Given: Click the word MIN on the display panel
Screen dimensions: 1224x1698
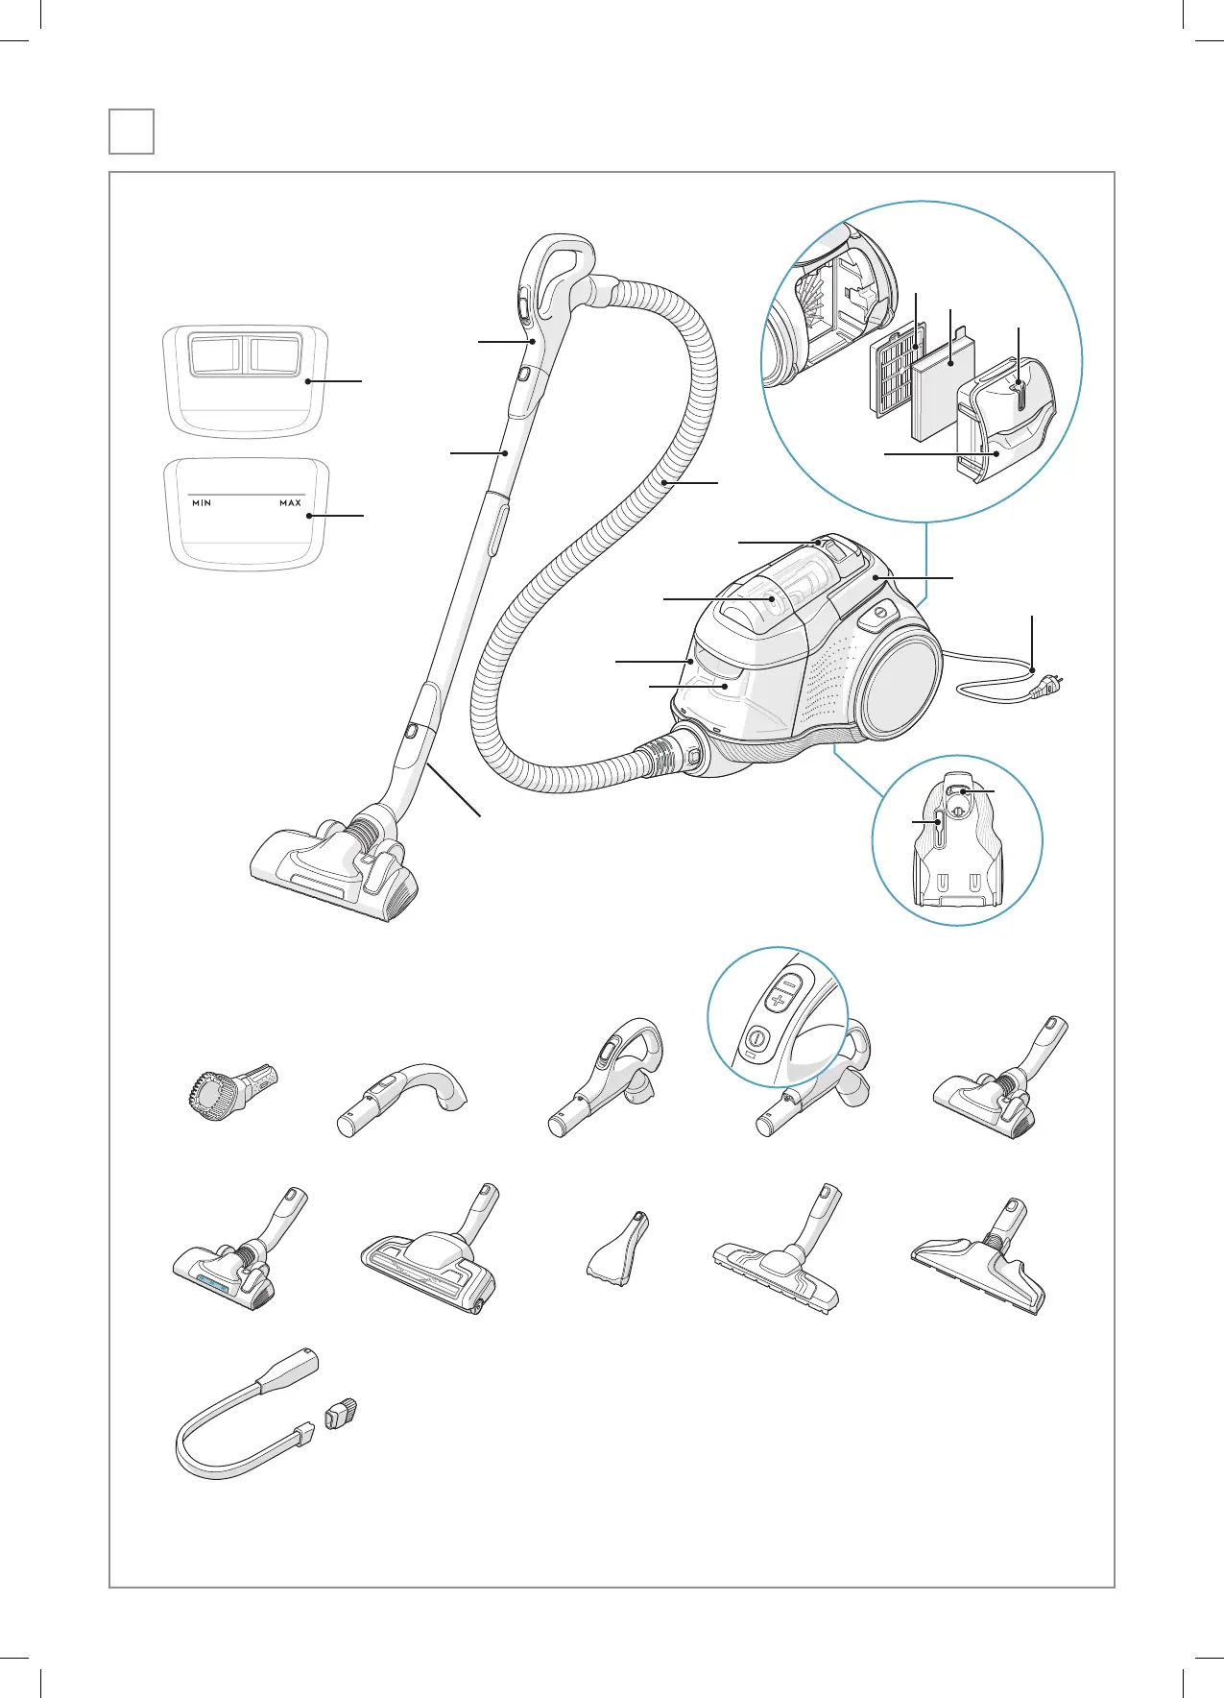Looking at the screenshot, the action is coord(202,503).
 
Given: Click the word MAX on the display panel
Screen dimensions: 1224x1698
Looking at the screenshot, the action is coord(290,503).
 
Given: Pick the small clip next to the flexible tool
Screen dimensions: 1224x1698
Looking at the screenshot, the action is coord(342,1414).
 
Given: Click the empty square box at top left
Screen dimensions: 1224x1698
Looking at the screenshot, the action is coord(132,132).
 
